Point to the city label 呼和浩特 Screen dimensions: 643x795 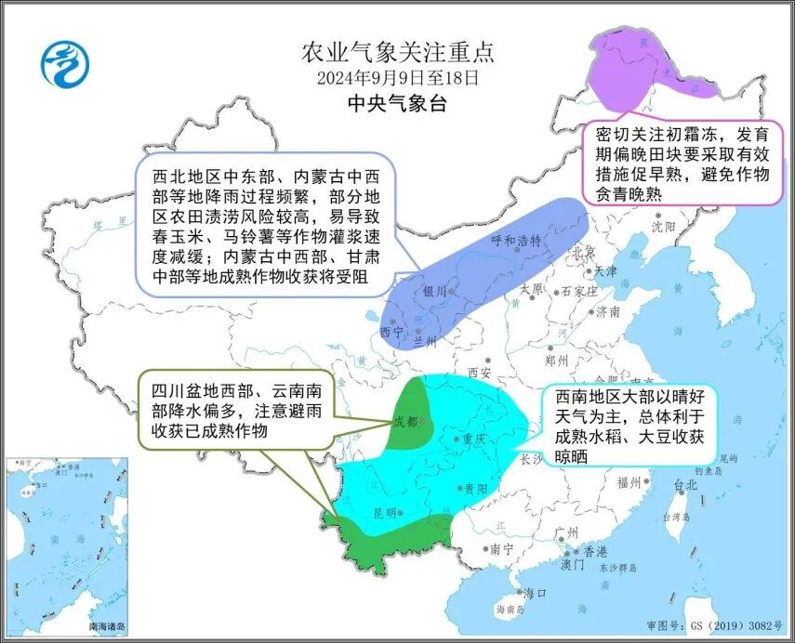(x=515, y=241)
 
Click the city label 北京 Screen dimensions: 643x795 (x=584, y=251)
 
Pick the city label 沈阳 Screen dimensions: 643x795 (x=663, y=226)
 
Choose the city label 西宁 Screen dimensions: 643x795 (x=391, y=331)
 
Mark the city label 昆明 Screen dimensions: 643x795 (x=384, y=512)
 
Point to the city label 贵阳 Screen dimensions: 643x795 (x=474, y=488)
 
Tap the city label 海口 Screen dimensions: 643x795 (x=534, y=593)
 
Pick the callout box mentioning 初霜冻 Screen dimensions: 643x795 (x=682, y=164)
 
